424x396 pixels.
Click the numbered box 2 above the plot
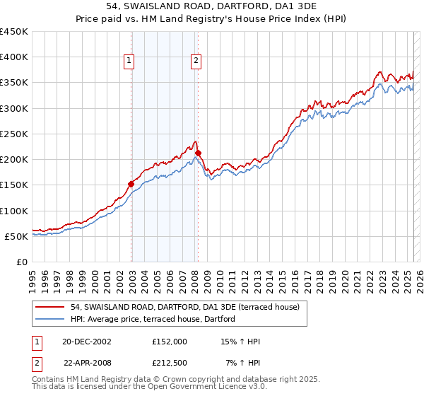(x=195, y=62)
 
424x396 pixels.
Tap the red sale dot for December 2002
(x=131, y=184)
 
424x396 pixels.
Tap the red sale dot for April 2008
(x=199, y=153)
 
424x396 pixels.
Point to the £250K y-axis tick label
(x=14, y=134)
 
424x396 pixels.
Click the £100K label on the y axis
(x=14, y=211)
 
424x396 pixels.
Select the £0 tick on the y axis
(x=23, y=262)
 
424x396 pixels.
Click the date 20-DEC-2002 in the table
(x=87, y=342)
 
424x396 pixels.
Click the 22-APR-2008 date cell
(x=87, y=363)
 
